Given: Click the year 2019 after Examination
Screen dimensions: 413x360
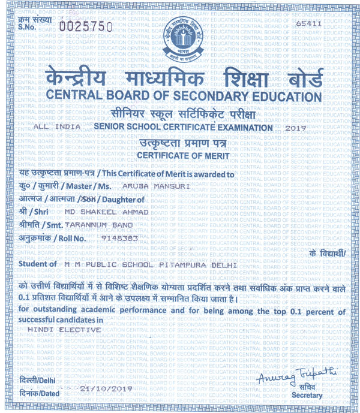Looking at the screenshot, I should click(297, 128).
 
